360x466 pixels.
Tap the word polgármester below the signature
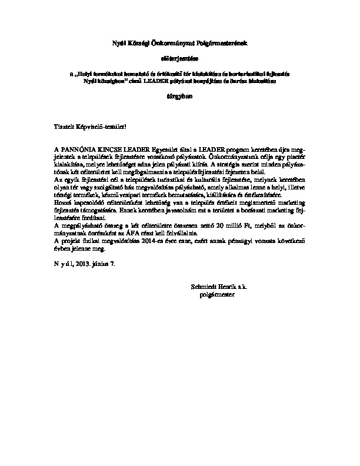point(217,292)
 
